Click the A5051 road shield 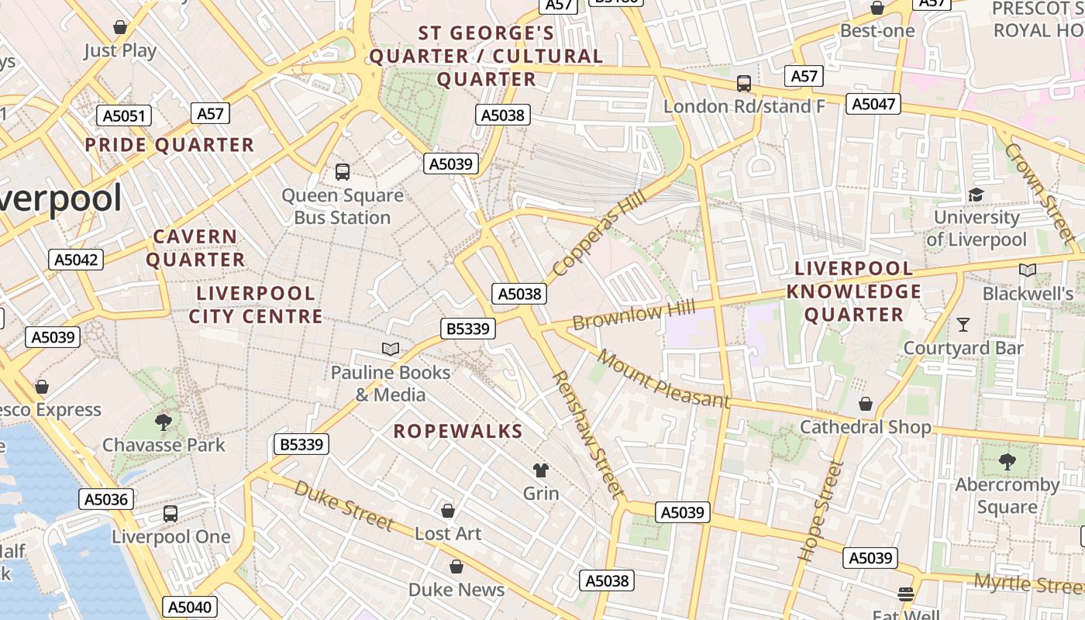coord(124,116)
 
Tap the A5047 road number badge coord(873,104)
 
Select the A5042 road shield coord(76,260)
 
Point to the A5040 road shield coord(190,607)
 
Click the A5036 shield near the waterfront coord(106,499)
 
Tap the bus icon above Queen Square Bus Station coord(343,171)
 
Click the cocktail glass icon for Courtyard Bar coord(963,324)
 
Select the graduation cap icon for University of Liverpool coord(976,194)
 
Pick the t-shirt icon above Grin coord(540,470)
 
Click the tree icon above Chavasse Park coord(163,422)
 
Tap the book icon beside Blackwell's coord(1028,270)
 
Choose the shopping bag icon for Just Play coord(120,28)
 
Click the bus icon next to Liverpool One coord(170,513)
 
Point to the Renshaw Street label coord(588,434)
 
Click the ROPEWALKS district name coord(457,432)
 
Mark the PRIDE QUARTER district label coord(169,145)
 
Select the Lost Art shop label coord(448,533)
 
